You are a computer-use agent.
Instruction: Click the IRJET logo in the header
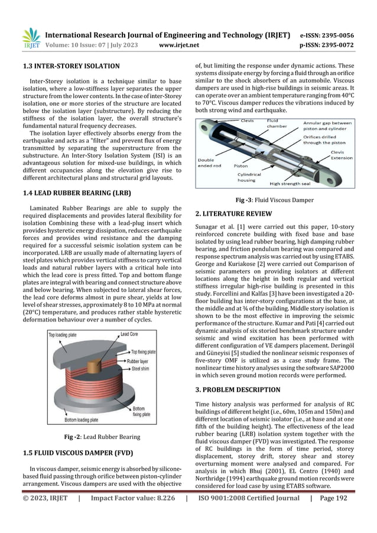point(30,38)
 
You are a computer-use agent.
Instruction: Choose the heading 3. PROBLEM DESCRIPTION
point(238,390)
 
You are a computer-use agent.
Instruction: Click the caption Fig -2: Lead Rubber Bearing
point(102,437)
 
